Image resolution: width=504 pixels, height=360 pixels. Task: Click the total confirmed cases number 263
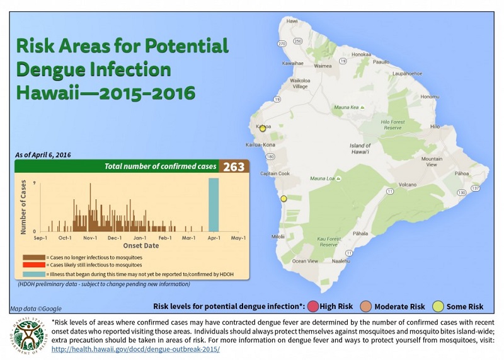[234, 167]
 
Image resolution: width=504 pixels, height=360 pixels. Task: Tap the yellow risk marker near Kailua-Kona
[263, 128]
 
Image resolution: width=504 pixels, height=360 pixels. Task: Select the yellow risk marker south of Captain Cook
[283, 199]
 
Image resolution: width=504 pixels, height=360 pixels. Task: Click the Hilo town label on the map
[434, 127]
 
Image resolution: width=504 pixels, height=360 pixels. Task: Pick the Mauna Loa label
[324, 179]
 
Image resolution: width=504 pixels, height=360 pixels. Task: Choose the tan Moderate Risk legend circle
[365, 307]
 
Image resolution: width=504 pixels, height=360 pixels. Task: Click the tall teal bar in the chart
[214, 205]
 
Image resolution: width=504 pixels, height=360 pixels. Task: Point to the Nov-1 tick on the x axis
[89, 238]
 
